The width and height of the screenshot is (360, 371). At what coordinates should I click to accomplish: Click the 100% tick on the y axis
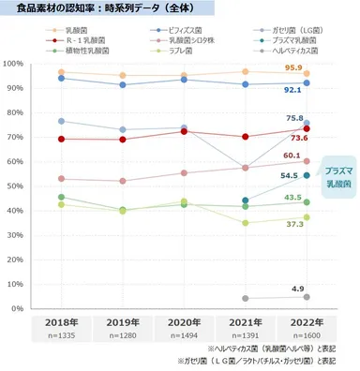pyautogui.click(x=12, y=64)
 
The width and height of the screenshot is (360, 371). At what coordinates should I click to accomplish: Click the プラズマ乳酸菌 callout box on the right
pyautogui.click(x=338, y=178)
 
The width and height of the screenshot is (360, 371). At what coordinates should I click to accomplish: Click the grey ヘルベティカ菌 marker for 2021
pyautogui.click(x=246, y=298)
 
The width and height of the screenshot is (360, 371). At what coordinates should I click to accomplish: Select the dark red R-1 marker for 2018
pyautogui.click(x=61, y=139)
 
